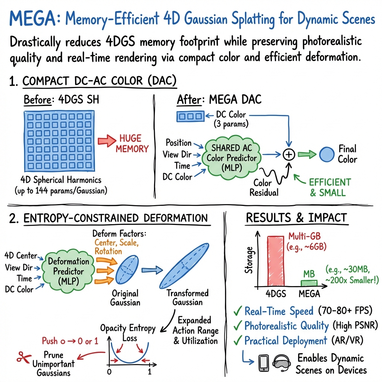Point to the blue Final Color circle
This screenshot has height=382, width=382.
pyautogui.click(x=327, y=154)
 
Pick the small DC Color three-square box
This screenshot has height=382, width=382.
pyautogui.click(x=190, y=117)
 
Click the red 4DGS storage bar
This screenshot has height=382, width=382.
pyautogui.click(x=278, y=261)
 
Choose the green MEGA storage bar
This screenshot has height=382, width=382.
pyautogui.click(x=309, y=283)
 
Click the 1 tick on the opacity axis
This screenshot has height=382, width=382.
pyautogui.click(x=150, y=372)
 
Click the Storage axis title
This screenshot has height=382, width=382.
pyautogui.click(x=249, y=260)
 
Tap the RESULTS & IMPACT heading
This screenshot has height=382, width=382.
pyautogui.click(x=296, y=217)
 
